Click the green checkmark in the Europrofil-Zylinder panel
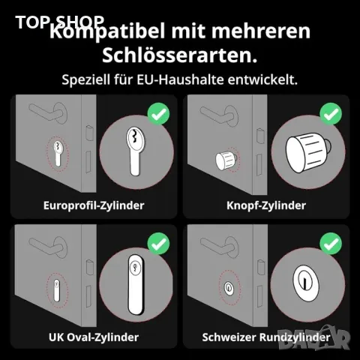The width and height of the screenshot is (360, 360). [158, 115]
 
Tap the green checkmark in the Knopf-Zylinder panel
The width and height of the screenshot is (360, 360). [330, 115]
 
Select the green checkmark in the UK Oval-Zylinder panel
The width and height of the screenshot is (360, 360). [158, 244]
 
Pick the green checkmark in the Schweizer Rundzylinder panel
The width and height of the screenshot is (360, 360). [330, 244]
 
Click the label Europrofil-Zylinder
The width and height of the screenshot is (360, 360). [94, 204]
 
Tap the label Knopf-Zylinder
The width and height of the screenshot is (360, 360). [266, 204]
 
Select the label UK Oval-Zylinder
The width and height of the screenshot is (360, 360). [94, 337]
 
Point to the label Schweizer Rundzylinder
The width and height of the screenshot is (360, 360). [266, 337]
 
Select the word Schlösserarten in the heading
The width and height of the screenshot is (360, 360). [179, 56]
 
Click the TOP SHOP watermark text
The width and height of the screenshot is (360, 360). [60, 22]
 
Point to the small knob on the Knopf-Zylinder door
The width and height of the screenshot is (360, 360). [226, 160]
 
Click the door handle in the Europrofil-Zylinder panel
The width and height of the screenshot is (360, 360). [49, 117]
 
